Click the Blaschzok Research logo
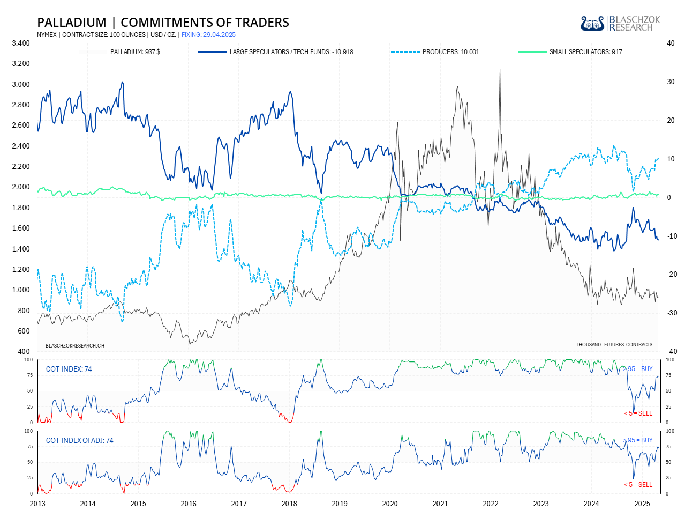point(620,23)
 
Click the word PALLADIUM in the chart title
point(72,23)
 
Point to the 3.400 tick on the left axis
point(21,43)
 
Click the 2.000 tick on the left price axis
point(21,187)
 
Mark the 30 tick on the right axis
point(671,82)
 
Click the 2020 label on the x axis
point(390,504)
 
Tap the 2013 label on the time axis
point(37,504)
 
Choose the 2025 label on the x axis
point(642,504)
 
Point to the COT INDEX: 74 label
point(69,369)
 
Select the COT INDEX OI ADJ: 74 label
point(80,440)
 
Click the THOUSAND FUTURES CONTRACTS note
point(614,344)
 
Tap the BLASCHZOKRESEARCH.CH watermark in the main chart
point(75,345)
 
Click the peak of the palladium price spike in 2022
point(500,70)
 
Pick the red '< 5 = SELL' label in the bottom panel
point(638,484)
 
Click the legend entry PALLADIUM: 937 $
point(135,52)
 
